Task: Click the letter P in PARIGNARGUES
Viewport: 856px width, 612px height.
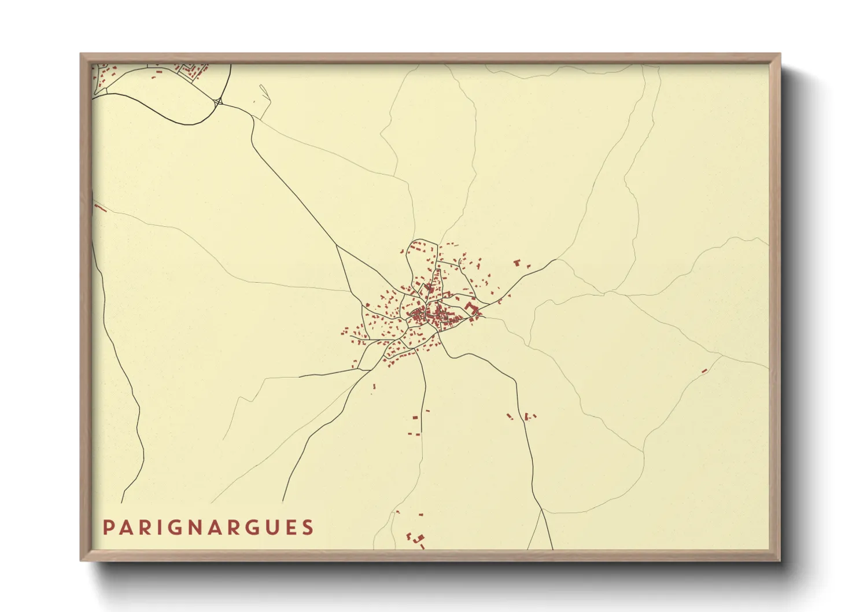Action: click(108, 528)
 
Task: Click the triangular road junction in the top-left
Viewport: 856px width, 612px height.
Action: click(218, 103)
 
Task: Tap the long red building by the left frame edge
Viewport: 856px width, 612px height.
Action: click(101, 207)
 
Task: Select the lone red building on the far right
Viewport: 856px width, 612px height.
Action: click(704, 371)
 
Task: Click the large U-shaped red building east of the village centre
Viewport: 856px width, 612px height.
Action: click(470, 306)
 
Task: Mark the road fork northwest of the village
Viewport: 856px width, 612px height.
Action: click(337, 245)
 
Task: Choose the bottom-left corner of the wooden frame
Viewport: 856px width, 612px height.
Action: click(82, 559)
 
